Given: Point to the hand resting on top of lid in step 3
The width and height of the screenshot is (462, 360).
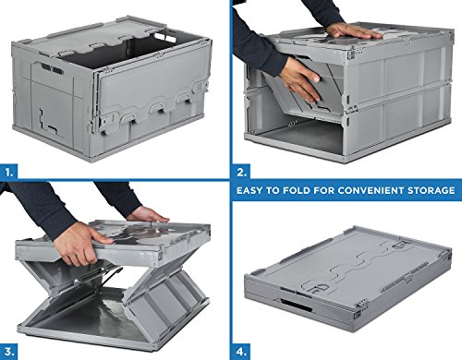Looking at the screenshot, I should point(148,214).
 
